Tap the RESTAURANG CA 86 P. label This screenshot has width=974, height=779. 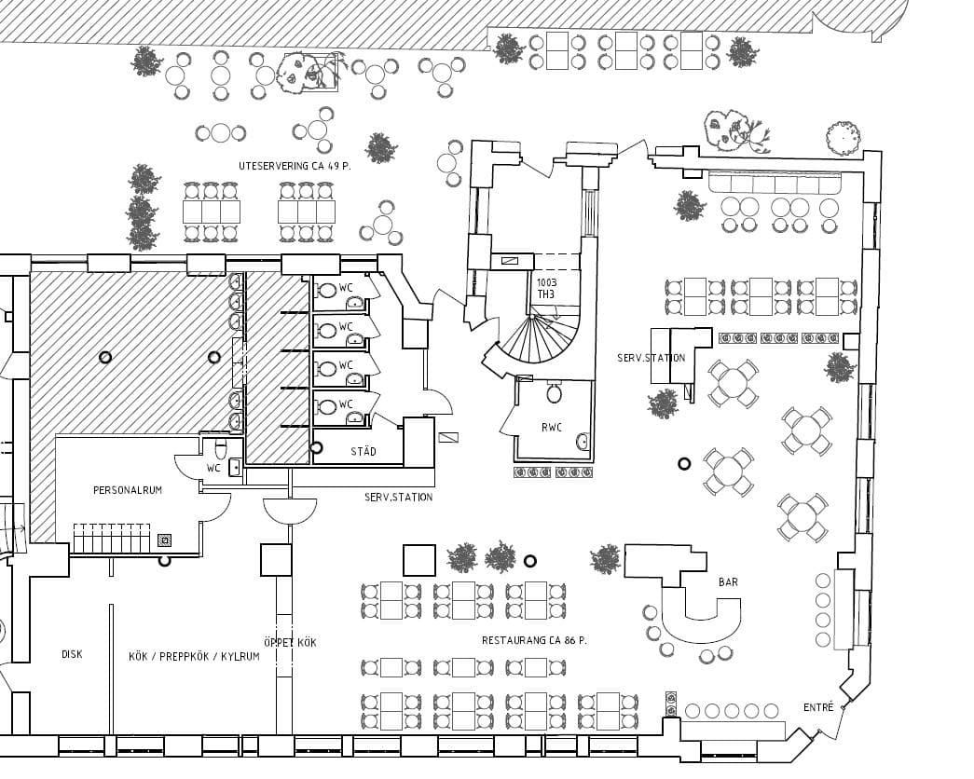(535, 640)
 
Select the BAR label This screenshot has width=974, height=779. (728, 582)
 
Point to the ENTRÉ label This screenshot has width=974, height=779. (818, 707)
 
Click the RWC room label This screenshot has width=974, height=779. (552, 427)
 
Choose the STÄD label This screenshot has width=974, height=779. (364, 451)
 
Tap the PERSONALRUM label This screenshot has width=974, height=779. (128, 490)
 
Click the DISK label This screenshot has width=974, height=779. (72, 654)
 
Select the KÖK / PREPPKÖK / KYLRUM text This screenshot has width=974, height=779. (194, 656)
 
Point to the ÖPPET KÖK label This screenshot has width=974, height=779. (290, 642)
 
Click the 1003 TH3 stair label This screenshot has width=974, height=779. (546, 288)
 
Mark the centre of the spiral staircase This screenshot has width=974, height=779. (532, 318)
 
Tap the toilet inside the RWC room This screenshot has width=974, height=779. (554, 392)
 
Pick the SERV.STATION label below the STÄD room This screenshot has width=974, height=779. (398, 497)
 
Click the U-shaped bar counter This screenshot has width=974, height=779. (701, 622)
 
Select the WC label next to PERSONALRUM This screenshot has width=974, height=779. (213, 469)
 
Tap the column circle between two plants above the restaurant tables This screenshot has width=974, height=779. (529, 561)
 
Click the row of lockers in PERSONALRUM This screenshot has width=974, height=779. (112, 538)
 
